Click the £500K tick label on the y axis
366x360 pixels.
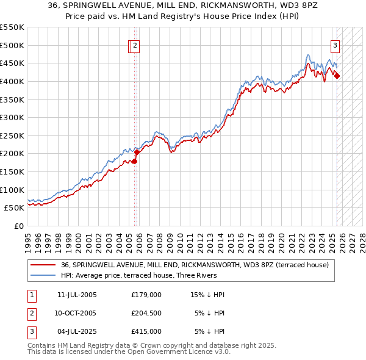pos(12,45)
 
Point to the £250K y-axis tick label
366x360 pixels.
pos(12,135)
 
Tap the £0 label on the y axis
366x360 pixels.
pos(18,226)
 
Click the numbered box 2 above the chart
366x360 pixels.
pos(135,45)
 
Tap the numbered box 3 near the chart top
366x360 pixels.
pos(335,45)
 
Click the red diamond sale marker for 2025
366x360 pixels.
pos(337,76)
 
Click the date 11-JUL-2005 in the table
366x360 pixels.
pos(77,295)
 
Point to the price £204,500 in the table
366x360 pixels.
pos(146,313)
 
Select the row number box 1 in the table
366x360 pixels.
pos(31,295)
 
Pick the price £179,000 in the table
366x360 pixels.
pos(146,295)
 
